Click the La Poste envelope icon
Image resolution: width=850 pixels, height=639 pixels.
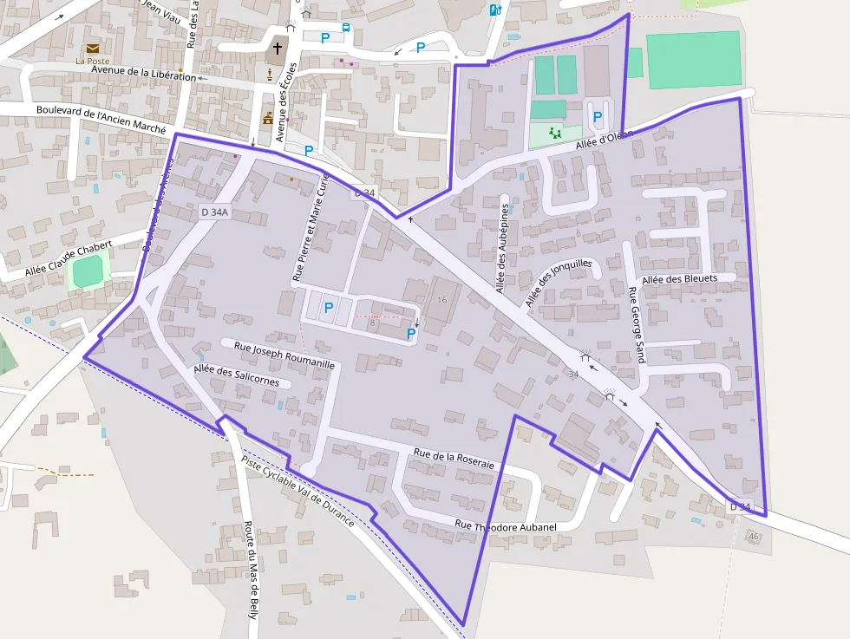(92, 48)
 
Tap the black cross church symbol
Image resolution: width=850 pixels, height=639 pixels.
(278, 48)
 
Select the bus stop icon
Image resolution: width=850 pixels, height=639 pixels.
(346, 28)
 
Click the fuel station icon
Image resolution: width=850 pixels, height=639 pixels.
(495, 10)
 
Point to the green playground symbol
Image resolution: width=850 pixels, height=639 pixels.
(554, 133)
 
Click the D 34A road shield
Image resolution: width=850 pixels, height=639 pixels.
(213, 212)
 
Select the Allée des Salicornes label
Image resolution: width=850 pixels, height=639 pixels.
(236, 375)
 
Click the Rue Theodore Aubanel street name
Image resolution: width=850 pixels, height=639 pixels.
(505, 525)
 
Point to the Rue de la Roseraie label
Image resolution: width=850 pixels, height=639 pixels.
(454, 459)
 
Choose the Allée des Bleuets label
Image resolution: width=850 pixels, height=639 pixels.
(680, 278)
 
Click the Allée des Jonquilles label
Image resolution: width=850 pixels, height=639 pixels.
(558, 283)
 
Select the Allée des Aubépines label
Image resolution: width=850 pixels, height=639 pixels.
(503, 248)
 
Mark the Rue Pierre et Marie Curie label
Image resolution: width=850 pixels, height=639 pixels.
(311, 228)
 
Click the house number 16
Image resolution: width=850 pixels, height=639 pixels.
(442, 299)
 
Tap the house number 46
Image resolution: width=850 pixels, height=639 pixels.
(753, 537)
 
